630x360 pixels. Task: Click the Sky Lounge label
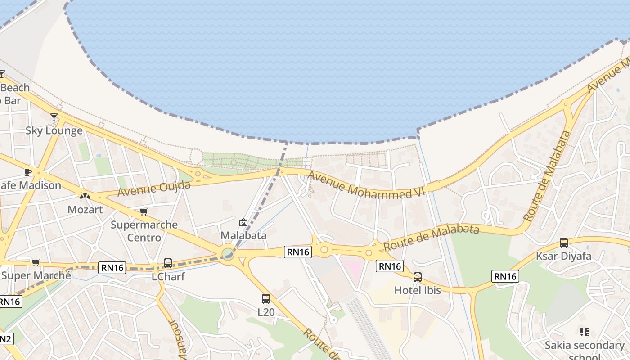click(x=54, y=131)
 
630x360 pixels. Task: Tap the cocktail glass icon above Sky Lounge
click(x=54, y=117)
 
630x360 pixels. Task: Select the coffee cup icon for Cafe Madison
click(x=28, y=172)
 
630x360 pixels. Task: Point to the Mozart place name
click(x=85, y=210)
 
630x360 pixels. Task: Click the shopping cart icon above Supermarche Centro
click(x=144, y=211)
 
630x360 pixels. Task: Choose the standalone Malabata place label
click(x=243, y=235)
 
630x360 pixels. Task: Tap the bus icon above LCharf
click(x=168, y=263)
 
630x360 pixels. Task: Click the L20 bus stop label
click(x=266, y=312)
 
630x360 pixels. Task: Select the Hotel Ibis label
click(x=418, y=290)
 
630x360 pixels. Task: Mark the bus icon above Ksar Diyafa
click(x=564, y=243)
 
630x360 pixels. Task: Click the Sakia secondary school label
click(x=584, y=346)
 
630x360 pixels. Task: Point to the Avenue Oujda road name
click(x=154, y=189)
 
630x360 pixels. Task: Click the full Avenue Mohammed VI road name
click(x=366, y=185)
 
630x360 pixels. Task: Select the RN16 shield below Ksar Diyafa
click(x=505, y=276)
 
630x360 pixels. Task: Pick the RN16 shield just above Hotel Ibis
click(x=390, y=266)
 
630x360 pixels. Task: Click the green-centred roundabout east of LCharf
click(x=228, y=254)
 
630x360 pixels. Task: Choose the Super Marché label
click(x=36, y=275)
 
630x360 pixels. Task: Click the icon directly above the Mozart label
click(x=85, y=196)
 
